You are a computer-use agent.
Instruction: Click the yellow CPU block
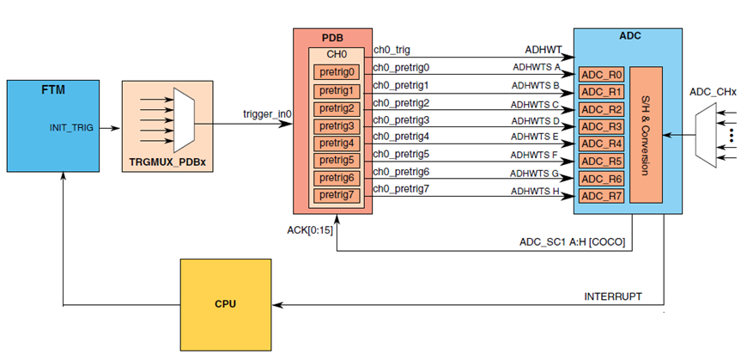tap(225, 303)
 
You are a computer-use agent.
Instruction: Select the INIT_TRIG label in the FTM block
tap(72, 127)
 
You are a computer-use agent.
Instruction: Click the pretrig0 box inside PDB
tap(337, 73)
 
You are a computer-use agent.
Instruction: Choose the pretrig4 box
tap(337, 143)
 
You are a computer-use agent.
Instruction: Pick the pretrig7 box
tap(337, 195)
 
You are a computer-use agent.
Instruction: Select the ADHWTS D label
tap(536, 120)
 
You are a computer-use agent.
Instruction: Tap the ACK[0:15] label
tap(310, 230)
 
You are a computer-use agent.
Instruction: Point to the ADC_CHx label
tap(713, 91)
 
